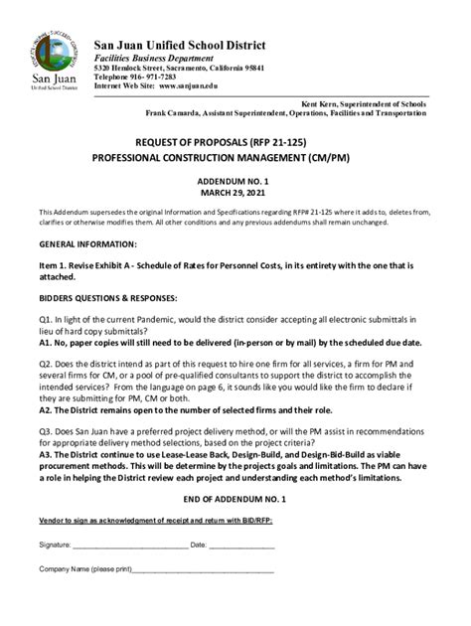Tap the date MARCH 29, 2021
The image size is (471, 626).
pos(235,196)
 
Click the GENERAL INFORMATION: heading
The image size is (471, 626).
pos(87,243)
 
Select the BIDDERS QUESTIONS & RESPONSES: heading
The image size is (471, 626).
pos(108,298)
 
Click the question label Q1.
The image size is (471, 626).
pos(46,322)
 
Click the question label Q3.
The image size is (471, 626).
pos(46,432)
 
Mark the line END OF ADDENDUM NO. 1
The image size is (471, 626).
pos(235,496)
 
